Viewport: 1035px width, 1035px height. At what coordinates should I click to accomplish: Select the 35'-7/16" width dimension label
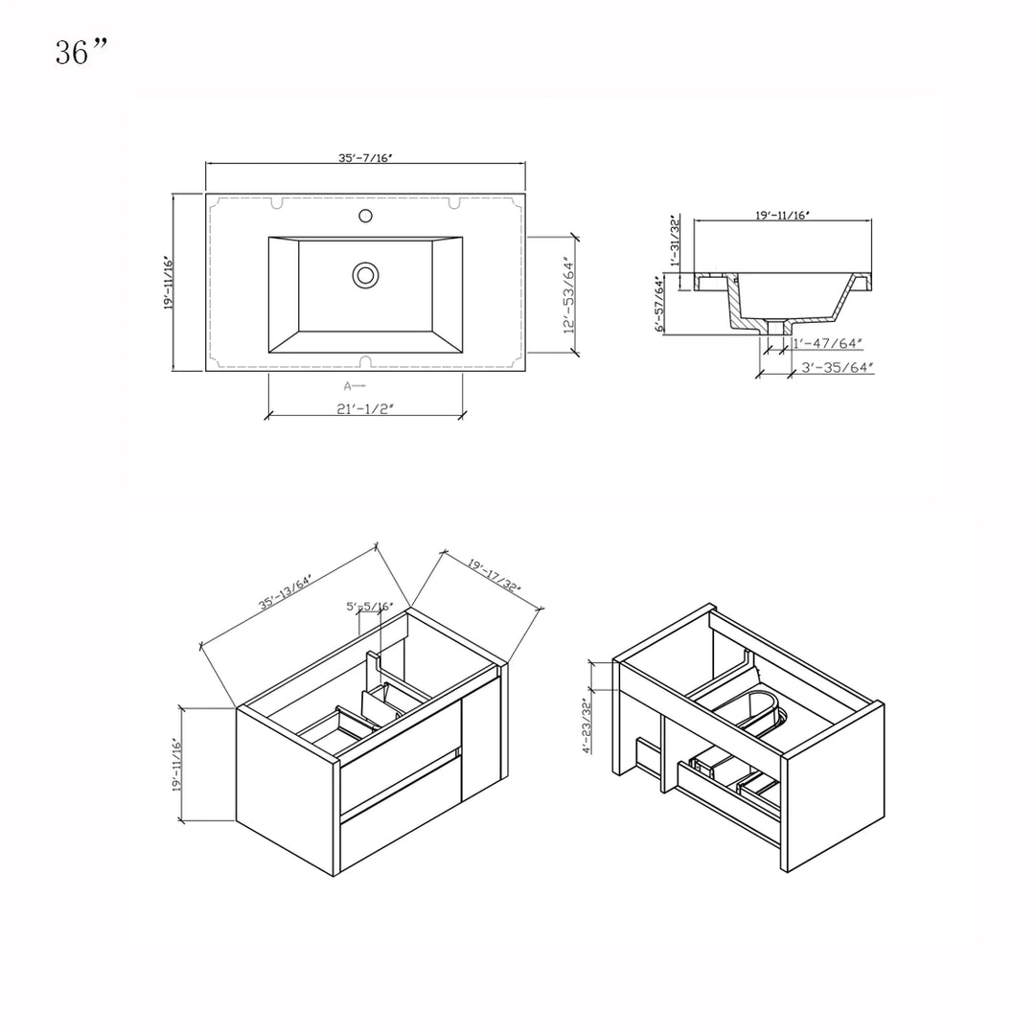click(x=365, y=157)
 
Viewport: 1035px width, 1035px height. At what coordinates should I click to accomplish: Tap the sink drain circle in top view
click(x=365, y=275)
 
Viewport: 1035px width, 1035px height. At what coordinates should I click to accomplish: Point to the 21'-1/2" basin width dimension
click(x=365, y=408)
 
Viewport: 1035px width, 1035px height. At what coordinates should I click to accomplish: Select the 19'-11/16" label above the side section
click(x=782, y=217)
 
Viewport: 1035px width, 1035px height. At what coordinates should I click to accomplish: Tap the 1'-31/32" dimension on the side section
click(x=675, y=243)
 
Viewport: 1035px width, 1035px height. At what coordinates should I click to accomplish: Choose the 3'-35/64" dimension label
click(x=838, y=367)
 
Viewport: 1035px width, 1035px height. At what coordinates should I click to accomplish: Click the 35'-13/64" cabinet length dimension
click(x=291, y=591)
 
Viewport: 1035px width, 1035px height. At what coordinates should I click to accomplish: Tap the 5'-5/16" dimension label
click(x=369, y=607)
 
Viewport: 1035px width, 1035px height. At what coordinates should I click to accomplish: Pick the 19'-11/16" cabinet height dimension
click(x=174, y=764)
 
